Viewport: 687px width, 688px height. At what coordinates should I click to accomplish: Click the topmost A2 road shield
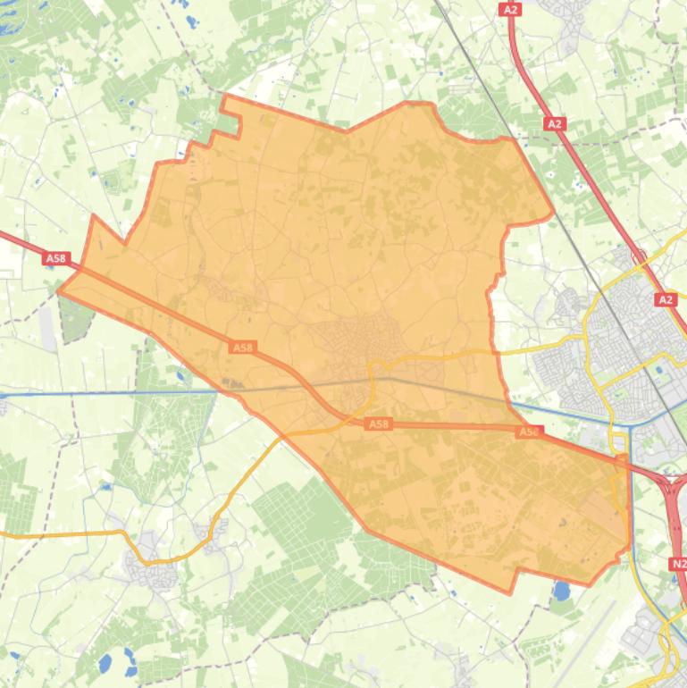(x=510, y=9)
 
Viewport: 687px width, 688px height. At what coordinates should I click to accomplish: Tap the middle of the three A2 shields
(x=556, y=124)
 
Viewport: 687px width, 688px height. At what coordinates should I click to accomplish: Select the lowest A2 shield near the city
(x=666, y=300)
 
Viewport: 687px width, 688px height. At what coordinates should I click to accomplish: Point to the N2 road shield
(x=678, y=564)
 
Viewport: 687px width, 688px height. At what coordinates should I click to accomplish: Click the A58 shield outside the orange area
(x=55, y=258)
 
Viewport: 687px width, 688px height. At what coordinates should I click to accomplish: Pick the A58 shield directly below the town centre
(x=379, y=424)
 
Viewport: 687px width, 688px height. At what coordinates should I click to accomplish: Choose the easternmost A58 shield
(x=529, y=432)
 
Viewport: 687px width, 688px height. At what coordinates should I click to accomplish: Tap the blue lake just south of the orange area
(x=562, y=591)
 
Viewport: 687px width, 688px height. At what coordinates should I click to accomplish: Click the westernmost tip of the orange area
(x=59, y=290)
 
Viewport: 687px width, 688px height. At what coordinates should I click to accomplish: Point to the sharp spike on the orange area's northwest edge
(x=94, y=216)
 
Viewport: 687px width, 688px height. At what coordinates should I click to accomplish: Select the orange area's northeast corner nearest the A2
(x=553, y=214)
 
